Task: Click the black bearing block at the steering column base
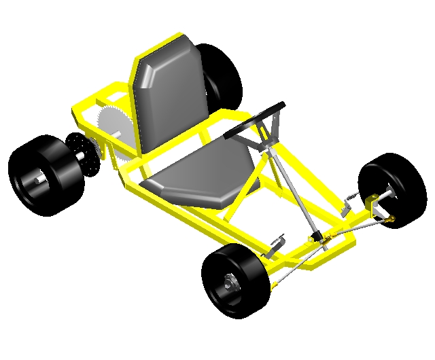tap(316, 236)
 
